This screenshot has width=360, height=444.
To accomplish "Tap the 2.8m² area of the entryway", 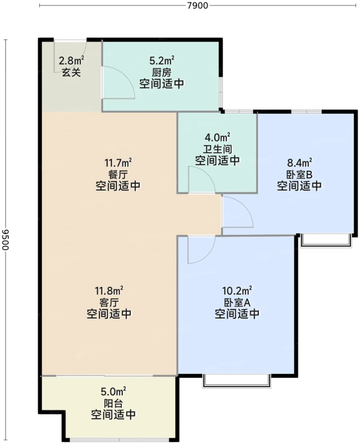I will tap(72, 60).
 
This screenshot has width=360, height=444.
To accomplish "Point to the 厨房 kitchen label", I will tap(161, 72).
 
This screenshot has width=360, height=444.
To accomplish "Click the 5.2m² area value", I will tap(161, 60).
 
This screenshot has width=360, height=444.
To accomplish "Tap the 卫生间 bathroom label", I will tap(217, 149).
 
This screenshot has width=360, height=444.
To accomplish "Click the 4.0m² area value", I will tap(217, 137).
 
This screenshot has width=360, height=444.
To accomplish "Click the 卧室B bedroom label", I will tap(300, 174).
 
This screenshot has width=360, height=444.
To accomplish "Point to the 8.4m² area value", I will tap(300, 163).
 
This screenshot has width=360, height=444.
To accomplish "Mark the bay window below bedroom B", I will tap(326, 240).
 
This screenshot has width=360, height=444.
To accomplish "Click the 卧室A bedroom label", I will tap(237, 302).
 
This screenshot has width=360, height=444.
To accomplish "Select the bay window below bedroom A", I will tap(237, 380).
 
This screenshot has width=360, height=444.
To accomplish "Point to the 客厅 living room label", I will tap(109, 302).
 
